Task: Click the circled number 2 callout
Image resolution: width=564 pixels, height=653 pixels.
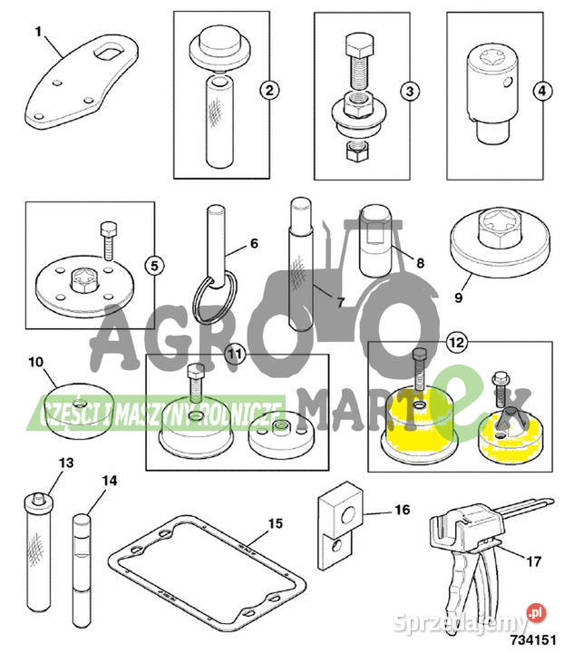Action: pyautogui.click(x=269, y=90)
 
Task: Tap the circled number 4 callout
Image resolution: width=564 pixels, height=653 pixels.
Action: pyautogui.click(x=542, y=91)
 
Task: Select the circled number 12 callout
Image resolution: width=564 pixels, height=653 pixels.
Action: pyautogui.click(x=457, y=342)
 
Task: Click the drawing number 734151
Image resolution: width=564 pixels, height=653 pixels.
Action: pyautogui.click(x=533, y=639)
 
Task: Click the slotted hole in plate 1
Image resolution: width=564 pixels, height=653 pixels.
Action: pyautogui.click(x=109, y=52)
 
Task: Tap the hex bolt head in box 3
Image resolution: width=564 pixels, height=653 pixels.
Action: pyautogui.click(x=359, y=45)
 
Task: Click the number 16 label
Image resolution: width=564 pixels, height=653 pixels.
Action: pyautogui.click(x=402, y=510)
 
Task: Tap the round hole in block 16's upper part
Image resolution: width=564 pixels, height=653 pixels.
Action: pyautogui.click(x=347, y=516)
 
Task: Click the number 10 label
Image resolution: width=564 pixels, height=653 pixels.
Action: pyautogui.click(x=35, y=362)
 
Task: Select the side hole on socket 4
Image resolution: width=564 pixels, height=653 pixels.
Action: pyautogui.click(x=508, y=83)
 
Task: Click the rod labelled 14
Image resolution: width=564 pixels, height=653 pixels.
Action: pyautogui.click(x=82, y=571)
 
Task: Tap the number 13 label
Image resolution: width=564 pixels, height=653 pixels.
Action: pyautogui.click(x=66, y=463)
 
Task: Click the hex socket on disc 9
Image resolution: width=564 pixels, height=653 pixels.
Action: pyautogui.click(x=499, y=228)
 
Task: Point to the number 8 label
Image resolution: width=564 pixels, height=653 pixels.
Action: pyautogui.click(x=420, y=263)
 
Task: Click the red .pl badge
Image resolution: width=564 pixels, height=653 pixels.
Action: pyautogui.click(x=536, y=612)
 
